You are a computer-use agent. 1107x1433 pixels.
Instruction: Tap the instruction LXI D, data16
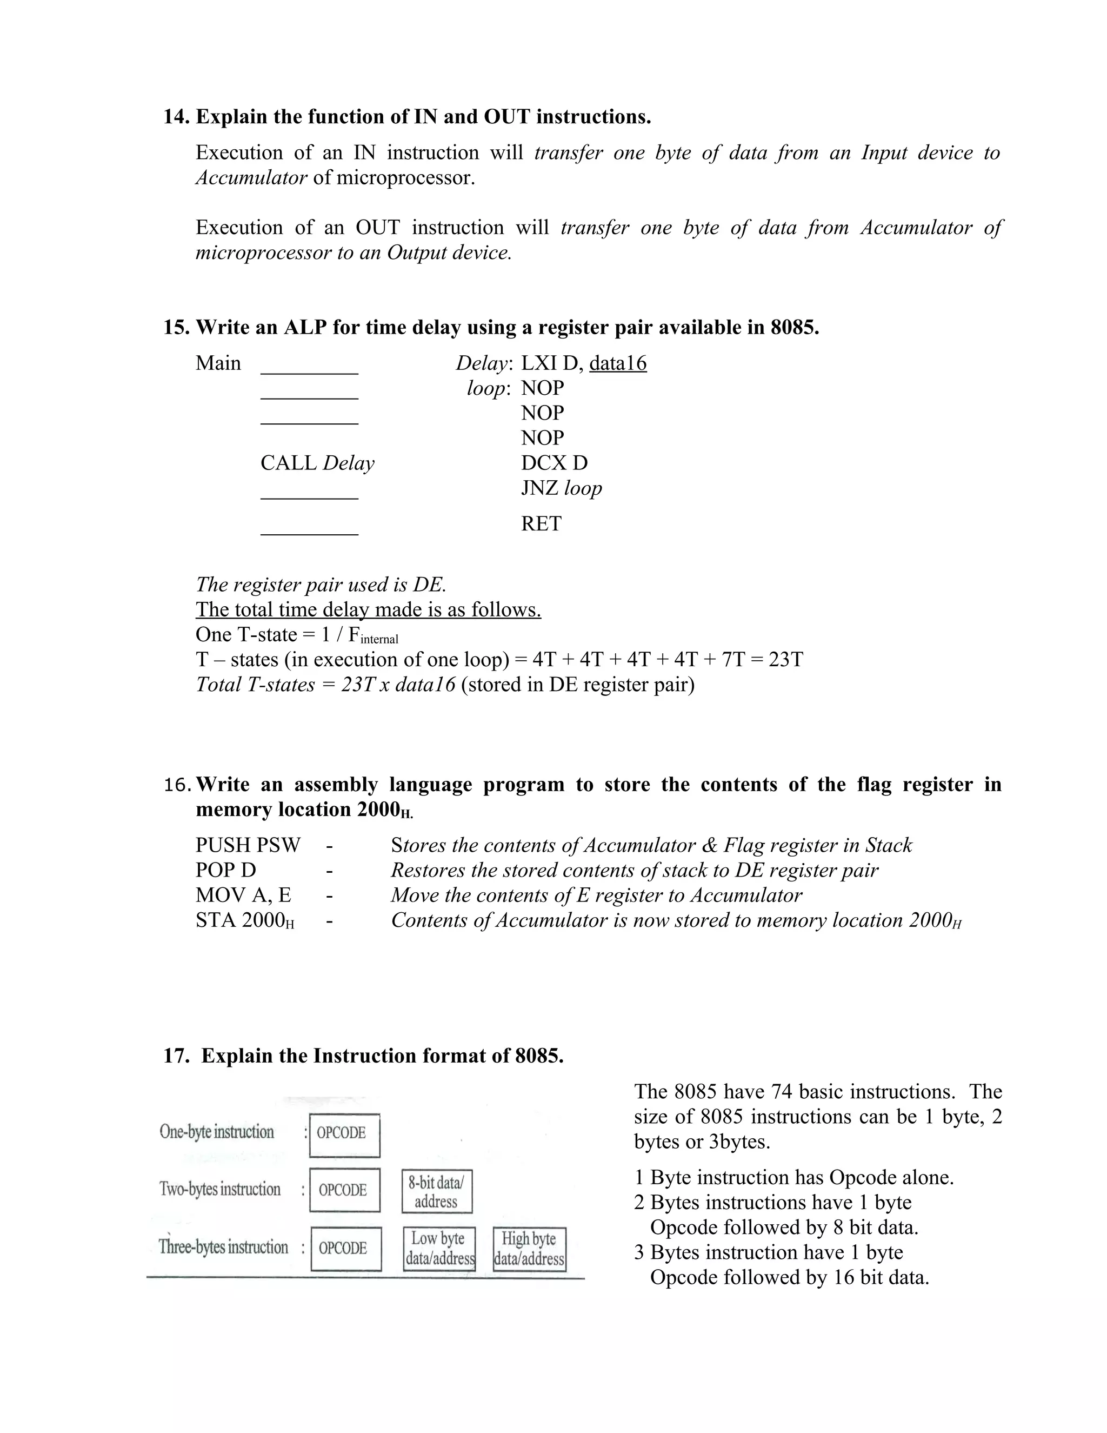[583, 363]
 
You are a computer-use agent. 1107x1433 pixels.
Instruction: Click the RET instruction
[541, 523]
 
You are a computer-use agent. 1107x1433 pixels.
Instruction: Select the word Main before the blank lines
[218, 363]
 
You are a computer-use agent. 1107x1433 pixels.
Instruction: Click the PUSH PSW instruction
[248, 845]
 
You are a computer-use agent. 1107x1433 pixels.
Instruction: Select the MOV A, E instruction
[243, 895]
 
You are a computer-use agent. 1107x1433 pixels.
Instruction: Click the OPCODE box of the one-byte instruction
[344, 1135]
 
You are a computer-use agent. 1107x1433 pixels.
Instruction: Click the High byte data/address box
[529, 1249]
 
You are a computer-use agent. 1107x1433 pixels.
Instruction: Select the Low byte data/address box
[439, 1249]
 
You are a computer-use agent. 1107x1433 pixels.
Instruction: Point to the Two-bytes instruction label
[219, 1190]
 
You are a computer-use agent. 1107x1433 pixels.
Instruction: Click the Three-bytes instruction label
[223, 1248]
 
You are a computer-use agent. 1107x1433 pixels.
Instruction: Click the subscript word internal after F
[379, 639]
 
